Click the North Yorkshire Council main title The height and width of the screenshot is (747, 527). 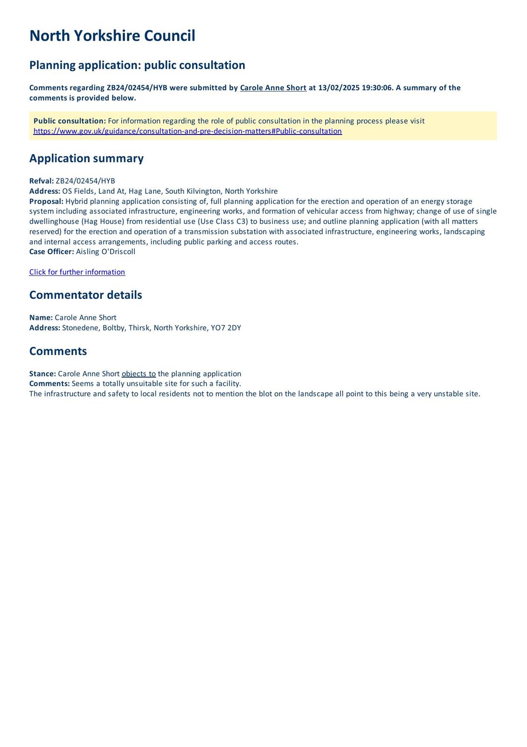pyautogui.click(x=112, y=36)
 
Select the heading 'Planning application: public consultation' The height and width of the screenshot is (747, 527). pyautogui.click(x=137, y=65)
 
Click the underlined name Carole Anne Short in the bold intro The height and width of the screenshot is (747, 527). pyautogui.click(x=273, y=88)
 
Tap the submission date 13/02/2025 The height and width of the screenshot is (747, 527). pyautogui.click(x=339, y=88)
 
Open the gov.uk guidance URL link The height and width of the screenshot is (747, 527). pyautogui.click(x=187, y=131)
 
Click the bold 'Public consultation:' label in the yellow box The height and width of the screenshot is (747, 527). pyautogui.click(x=69, y=121)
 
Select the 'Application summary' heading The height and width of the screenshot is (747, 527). pyautogui.click(x=86, y=158)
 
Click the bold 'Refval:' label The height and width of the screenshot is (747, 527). pyautogui.click(x=42, y=181)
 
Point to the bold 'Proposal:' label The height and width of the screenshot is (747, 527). pyautogui.click(x=46, y=201)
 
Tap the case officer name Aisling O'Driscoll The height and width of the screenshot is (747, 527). pyautogui.click(x=105, y=252)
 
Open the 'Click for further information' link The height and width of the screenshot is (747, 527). pyautogui.click(x=77, y=272)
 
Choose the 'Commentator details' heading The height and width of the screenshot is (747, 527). pyautogui.click(x=85, y=295)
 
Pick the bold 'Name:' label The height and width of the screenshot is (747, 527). pyautogui.click(x=41, y=317)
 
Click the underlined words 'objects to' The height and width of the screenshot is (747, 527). pyautogui.click(x=139, y=374)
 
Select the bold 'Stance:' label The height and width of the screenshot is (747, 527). pyautogui.click(x=42, y=374)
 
